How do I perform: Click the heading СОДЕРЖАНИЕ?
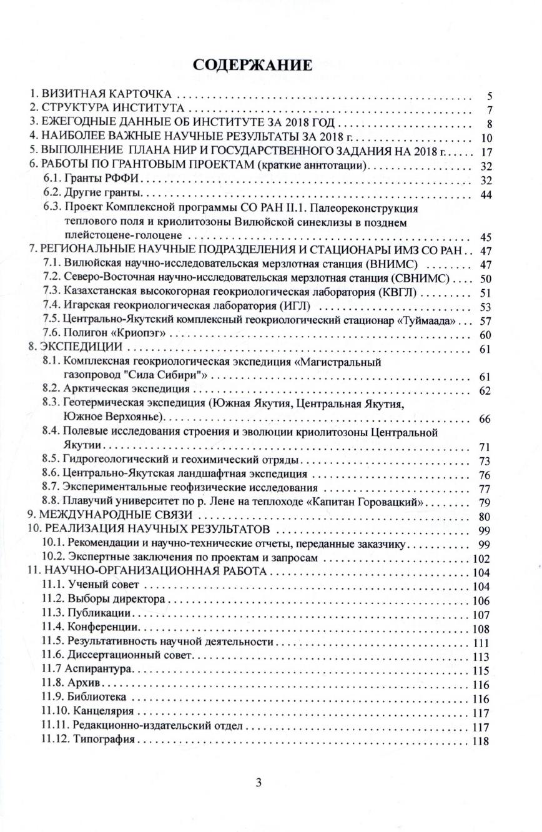point(253,66)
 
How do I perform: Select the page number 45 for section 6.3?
point(486,237)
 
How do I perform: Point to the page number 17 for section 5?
point(486,152)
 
